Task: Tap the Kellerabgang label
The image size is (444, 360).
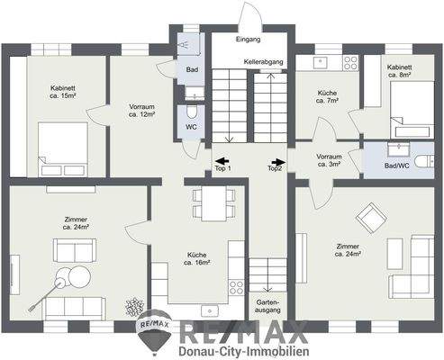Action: (x=263, y=60)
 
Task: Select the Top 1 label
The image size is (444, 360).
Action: (x=222, y=168)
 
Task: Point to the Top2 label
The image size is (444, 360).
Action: (x=275, y=168)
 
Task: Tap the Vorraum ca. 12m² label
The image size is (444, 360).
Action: (x=143, y=111)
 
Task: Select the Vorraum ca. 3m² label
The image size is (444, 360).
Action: (x=330, y=160)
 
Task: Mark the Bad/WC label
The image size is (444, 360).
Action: (x=395, y=165)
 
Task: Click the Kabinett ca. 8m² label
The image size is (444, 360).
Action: (x=400, y=71)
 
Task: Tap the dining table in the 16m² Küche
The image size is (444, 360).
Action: (x=210, y=202)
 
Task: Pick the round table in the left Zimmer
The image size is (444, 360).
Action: (x=65, y=279)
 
